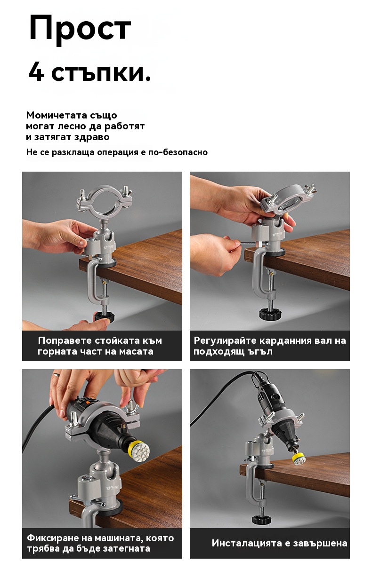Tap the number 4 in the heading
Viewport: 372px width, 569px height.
[x=36, y=73]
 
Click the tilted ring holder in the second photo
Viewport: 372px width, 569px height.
[x=288, y=198]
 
